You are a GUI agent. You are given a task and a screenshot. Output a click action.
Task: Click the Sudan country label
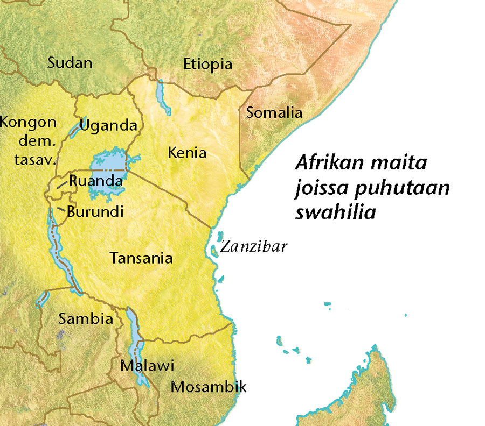coord(70,63)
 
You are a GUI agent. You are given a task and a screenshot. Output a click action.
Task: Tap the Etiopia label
coord(207,65)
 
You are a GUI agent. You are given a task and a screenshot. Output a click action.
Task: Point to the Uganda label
coord(108,126)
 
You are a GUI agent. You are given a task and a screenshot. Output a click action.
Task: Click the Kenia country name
coord(187,153)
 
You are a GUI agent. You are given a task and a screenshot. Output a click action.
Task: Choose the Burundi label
coord(95,211)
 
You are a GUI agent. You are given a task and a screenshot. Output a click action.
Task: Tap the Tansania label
coord(141,258)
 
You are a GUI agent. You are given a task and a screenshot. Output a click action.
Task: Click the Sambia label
coord(86,319)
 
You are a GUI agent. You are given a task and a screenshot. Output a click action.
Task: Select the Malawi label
coord(147,366)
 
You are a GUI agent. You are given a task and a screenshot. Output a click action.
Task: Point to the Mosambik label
coord(208,387)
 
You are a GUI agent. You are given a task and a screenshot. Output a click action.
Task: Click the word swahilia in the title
coord(335,212)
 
